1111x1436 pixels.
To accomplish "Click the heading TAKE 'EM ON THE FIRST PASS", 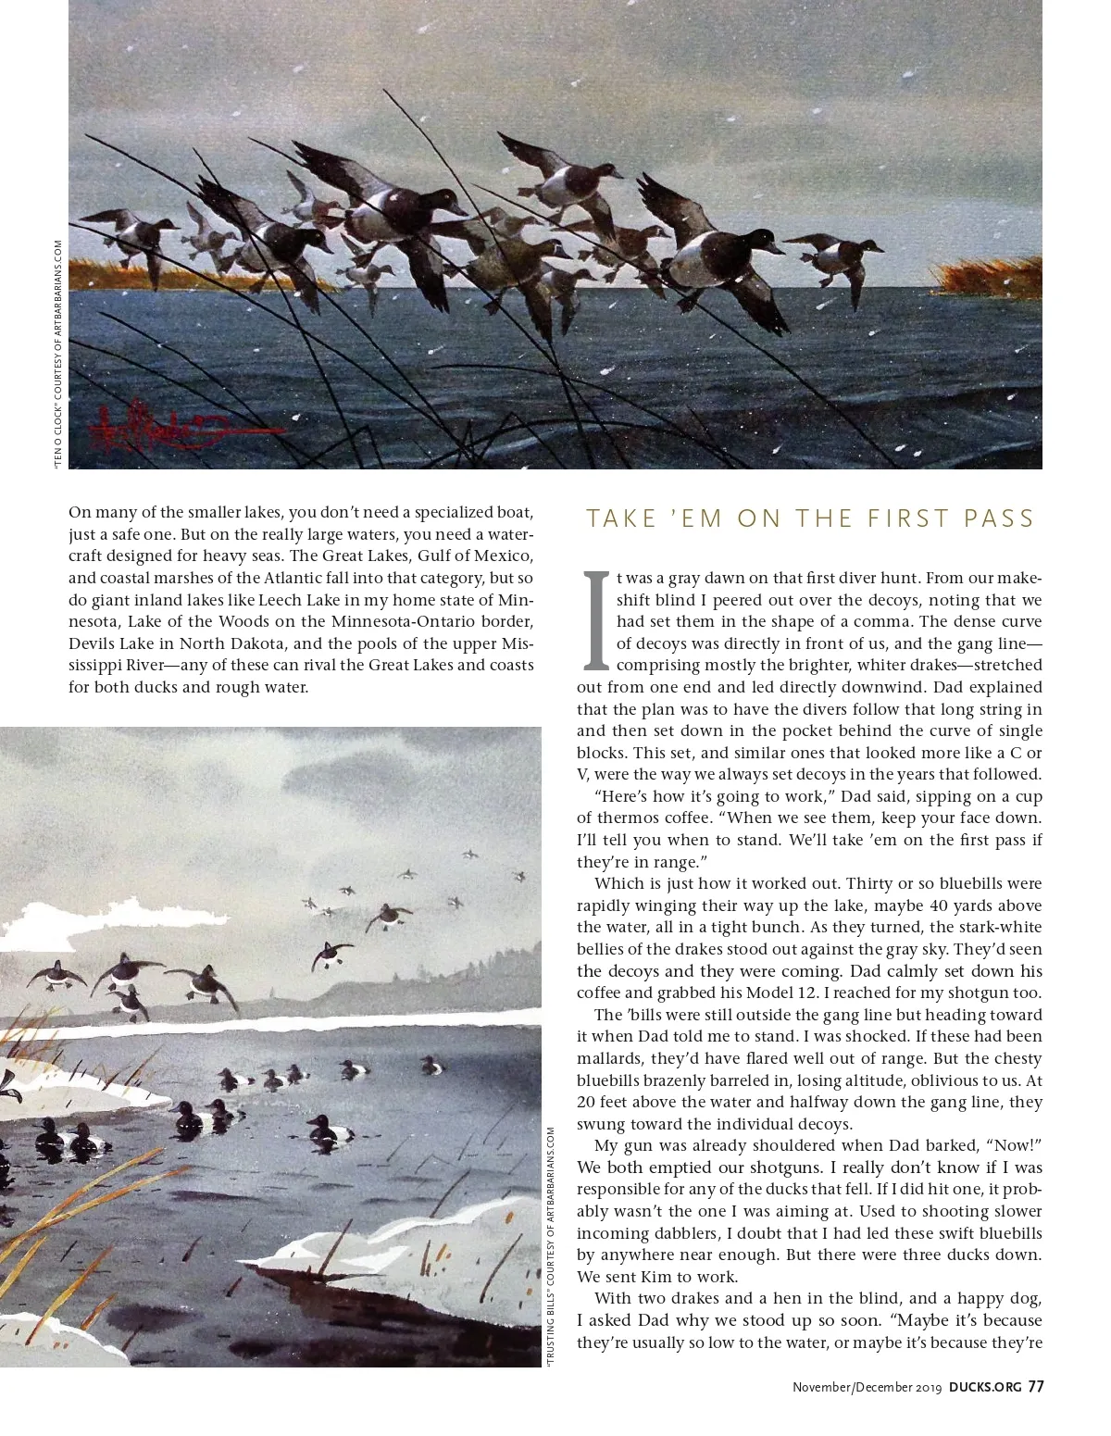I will point(810,518).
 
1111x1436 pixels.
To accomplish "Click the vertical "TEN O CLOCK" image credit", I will point(58,357).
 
